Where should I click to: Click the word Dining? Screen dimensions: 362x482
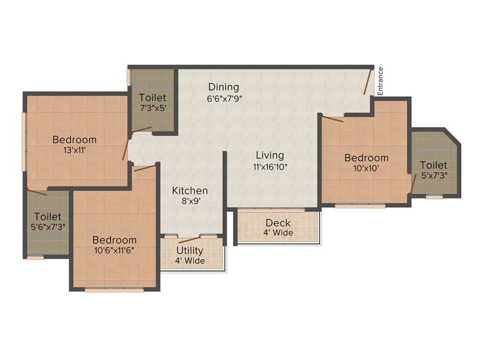pos(224,87)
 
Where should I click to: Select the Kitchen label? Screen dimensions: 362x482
pos(190,191)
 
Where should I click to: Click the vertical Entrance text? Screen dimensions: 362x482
pos(380,82)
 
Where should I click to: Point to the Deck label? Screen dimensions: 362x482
pos(278,222)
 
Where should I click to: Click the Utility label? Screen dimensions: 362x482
pos(190,250)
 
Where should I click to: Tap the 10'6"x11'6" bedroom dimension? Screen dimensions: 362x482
pos(114,250)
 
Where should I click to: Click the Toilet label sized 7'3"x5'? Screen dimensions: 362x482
pos(153,98)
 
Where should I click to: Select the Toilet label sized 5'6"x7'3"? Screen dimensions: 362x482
pos(48,217)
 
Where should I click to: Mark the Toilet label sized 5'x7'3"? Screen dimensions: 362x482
pos(434,165)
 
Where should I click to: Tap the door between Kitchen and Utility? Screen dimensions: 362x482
pos(189,239)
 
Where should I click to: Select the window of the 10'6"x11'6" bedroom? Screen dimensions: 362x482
pos(114,289)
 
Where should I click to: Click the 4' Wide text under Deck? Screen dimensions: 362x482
pos(278,233)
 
